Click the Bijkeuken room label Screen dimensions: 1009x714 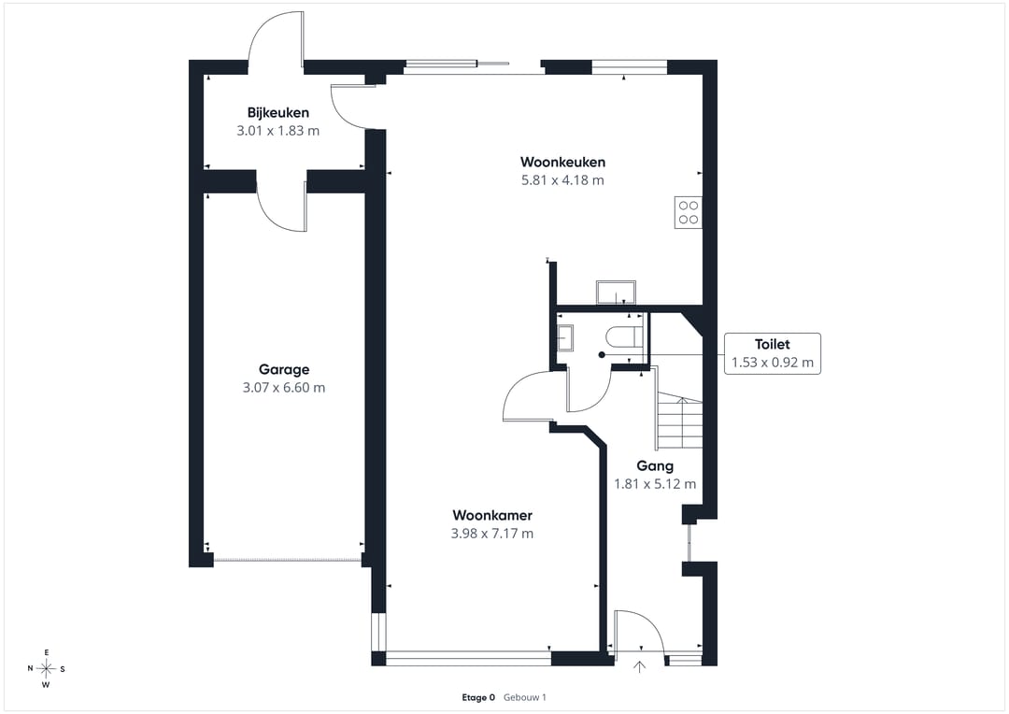pyautogui.click(x=278, y=113)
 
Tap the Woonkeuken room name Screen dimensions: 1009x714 pyautogui.click(x=562, y=162)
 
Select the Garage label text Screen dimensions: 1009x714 pyautogui.click(x=284, y=369)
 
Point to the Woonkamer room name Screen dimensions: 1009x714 pyautogui.click(x=492, y=515)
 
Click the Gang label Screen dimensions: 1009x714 pyautogui.click(x=655, y=466)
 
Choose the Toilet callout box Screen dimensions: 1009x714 pyautogui.click(x=773, y=353)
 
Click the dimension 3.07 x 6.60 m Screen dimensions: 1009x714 pyautogui.click(x=284, y=388)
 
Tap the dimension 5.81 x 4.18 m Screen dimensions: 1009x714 pyautogui.click(x=562, y=180)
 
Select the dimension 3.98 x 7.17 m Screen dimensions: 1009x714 pyautogui.click(x=492, y=533)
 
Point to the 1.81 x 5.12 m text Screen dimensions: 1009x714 pyautogui.click(x=655, y=484)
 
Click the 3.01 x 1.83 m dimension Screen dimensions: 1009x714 pyautogui.click(x=278, y=131)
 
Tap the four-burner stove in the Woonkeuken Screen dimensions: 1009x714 pyautogui.click(x=688, y=212)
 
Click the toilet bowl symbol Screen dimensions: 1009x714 pyautogui.click(x=623, y=336)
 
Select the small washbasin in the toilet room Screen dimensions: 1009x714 pyautogui.click(x=565, y=337)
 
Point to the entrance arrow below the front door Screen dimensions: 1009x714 pyautogui.click(x=639, y=667)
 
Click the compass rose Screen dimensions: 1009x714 pyautogui.click(x=47, y=669)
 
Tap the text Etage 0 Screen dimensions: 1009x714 pyautogui.click(x=478, y=697)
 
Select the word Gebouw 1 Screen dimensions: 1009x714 pyautogui.click(x=524, y=697)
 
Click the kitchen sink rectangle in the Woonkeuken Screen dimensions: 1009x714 pyautogui.click(x=616, y=293)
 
